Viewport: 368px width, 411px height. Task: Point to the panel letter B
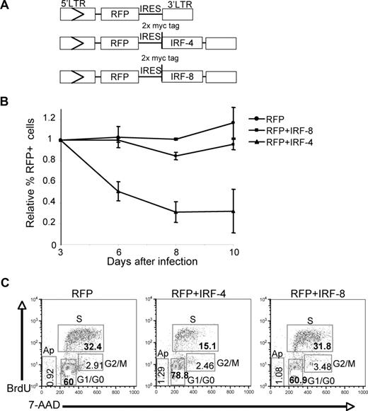[x=5, y=100]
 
